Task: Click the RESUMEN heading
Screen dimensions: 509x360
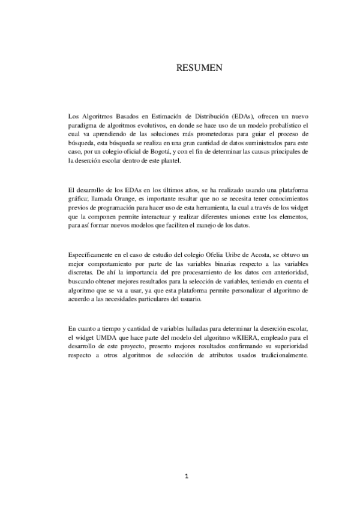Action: (199, 68)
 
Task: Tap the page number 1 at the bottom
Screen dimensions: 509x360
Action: (187, 477)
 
